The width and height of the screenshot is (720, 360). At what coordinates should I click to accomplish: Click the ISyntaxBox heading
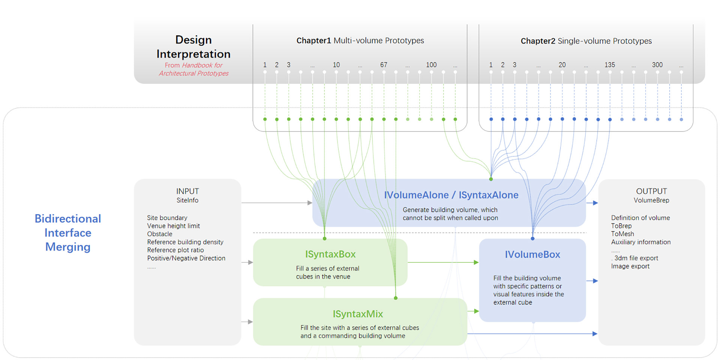click(x=330, y=254)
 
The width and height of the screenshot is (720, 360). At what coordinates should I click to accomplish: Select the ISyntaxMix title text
click(x=358, y=314)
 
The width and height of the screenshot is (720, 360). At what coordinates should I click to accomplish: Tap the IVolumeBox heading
click(x=532, y=255)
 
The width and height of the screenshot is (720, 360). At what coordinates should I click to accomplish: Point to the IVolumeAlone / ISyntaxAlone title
click(x=451, y=195)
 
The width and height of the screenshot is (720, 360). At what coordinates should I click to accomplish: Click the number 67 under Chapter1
click(x=384, y=65)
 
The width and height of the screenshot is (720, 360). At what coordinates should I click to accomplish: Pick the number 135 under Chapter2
click(x=609, y=65)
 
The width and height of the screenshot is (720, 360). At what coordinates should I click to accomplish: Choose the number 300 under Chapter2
click(x=657, y=65)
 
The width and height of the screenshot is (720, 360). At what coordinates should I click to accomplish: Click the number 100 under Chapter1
click(x=431, y=65)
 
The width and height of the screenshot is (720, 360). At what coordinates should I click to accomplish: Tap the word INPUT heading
click(x=187, y=191)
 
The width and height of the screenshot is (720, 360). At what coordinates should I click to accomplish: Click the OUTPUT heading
click(x=651, y=191)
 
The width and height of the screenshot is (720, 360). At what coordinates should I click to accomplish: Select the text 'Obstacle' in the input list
click(x=160, y=234)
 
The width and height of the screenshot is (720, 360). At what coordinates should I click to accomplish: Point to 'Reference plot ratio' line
click(x=175, y=250)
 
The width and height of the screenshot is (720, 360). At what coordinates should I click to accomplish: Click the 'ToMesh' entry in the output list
click(x=622, y=234)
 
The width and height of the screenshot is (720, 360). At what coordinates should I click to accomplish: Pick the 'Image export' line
click(x=630, y=266)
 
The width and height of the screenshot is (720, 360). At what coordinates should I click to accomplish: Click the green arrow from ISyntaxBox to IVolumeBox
click(x=442, y=262)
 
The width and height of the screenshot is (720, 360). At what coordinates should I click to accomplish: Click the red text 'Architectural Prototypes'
click(x=193, y=73)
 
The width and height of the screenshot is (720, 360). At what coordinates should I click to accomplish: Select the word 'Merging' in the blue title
click(x=68, y=247)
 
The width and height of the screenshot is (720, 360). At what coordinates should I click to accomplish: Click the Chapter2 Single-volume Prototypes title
click(x=586, y=41)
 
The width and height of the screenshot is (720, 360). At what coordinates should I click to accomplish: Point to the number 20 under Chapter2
click(x=562, y=65)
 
